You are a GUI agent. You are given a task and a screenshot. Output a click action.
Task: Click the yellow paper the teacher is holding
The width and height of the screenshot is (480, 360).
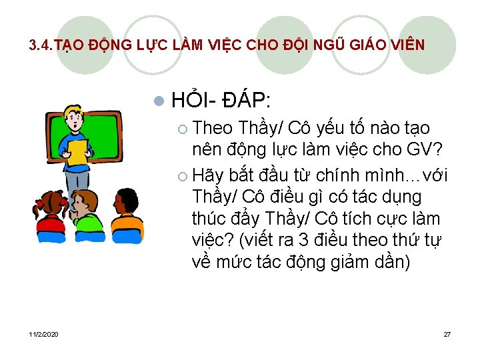tap(79, 151)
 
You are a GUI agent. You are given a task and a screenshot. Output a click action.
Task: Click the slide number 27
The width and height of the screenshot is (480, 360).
tap(447, 333)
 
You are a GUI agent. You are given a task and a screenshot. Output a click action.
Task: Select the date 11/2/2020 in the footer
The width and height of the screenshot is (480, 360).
tap(43, 333)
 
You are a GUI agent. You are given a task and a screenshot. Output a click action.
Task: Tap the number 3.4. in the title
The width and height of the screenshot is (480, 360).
tap(41, 46)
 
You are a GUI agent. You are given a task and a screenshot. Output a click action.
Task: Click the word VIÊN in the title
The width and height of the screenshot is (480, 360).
tap(407, 46)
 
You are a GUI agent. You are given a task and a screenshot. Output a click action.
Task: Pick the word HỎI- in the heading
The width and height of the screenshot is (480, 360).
tap(193, 101)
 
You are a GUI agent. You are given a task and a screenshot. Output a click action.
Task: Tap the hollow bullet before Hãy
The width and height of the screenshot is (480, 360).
tap(183, 176)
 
